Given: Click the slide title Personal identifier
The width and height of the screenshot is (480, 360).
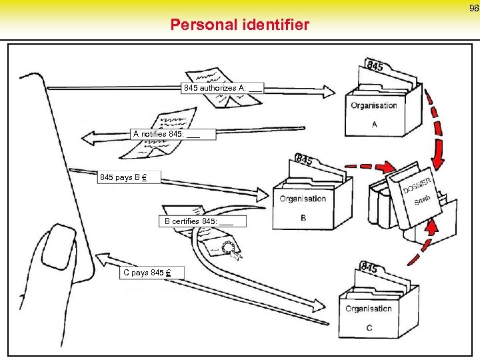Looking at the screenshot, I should coord(240,25).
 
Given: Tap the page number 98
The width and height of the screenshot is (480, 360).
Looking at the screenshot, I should coord(473,9).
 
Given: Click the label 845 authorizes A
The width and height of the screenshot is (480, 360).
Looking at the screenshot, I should coord(223,87).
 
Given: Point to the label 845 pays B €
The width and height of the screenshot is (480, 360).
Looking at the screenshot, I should coord(123,177).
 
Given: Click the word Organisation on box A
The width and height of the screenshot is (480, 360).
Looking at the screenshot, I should coord(374,105).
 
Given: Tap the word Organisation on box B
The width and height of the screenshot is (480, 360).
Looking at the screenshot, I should coord(303,199).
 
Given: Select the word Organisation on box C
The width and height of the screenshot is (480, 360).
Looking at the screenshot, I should coord(368,309).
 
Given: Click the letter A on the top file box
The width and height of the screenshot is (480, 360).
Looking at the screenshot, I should coord(375,124).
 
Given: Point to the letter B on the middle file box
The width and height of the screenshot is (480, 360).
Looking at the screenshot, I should coord(303,218).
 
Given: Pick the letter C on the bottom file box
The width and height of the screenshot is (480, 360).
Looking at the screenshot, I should coord(369,327).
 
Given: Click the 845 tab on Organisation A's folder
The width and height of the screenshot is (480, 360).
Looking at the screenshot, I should coord(375,65).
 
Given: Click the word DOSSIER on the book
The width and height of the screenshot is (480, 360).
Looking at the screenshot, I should coord(417,184).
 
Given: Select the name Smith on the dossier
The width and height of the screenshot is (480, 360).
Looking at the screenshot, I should coord(422,200).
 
